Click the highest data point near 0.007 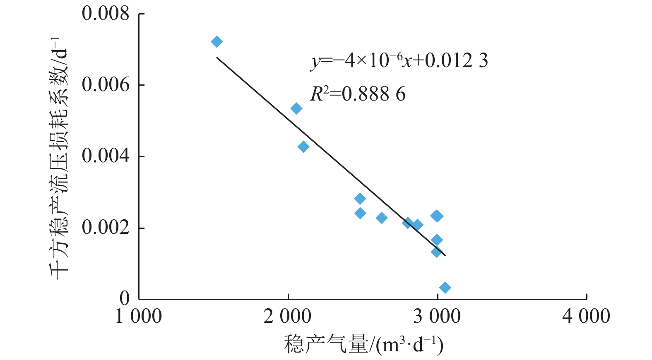click(x=217, y=42)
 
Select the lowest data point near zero click(x=445, y=288)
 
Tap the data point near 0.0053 click(x=296, y=109)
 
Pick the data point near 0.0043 click(x=303, y=147)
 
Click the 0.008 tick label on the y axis click(x=106, y=14)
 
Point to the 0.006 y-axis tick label click(x=106, y=85)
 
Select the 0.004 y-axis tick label click(x=106, y=156)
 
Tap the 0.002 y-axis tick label click(x=106, y=227)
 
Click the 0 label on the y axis click(x=125, y=298)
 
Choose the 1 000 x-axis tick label click(x=139, y=317)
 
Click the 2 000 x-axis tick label click(x=287, y=317)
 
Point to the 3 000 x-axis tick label click(x=437, y=317)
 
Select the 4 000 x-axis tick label click(x=586, y=317)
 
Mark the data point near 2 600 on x click(x=382, y=218)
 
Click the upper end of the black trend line click(x=217, y=58)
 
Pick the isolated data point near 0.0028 click(x=360, y=199)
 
